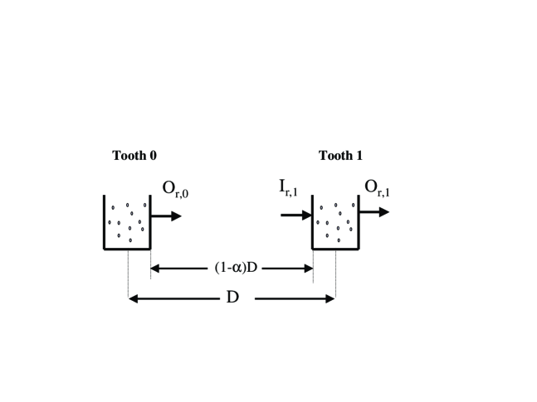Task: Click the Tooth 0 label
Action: pyautogui.click(x=134, y=155)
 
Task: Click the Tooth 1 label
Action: pyautogui.click(x=340, y=155)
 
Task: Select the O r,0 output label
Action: pyautogui.click(x=176, y=190)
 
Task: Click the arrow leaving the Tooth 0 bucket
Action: pyautogui.click(x=165, y=216)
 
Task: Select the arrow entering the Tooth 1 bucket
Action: pyautogui.click(x=295, y=215)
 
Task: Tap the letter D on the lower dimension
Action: pyautogui.click(x=232, y=297)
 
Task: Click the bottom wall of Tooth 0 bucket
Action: pyautogui.click(x=127, y=248)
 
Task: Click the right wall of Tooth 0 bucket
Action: pyautogui.click(x=150, y=222)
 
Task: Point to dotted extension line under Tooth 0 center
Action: pyautogui.click(x=128, y=274)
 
